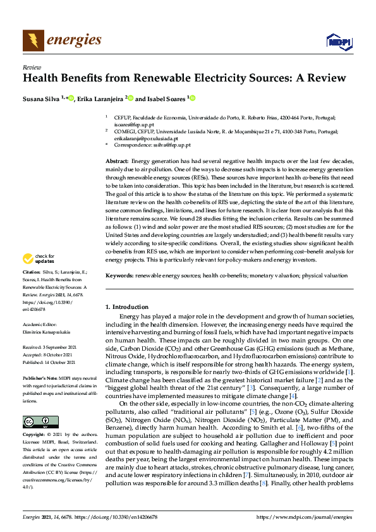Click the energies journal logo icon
pyautogui.click(x=33, y=40)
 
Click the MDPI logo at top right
pyautogui.click(x=338, y=42)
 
